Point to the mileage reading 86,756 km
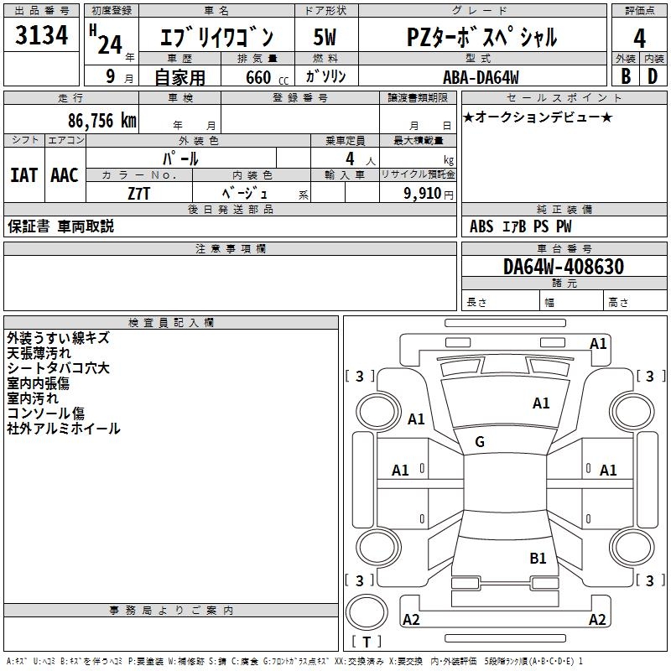[x=101, y=121]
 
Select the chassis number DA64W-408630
[x=564, y=267]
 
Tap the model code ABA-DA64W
[x=481, y=77]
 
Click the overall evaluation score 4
[x=640, y=38]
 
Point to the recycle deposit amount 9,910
[x=424, y=194]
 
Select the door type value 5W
[x=325, y=38]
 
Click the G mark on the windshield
[x=480, y=442]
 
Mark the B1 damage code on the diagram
[x=538, y=558]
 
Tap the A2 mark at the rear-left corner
[x=411, y=620]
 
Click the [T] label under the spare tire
[x=367, y=642]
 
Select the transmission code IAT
[x=23, y=175]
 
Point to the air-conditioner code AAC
[x=65, y=175]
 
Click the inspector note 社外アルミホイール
[x=64, y=429]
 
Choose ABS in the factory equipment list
[x=481, y=226]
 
